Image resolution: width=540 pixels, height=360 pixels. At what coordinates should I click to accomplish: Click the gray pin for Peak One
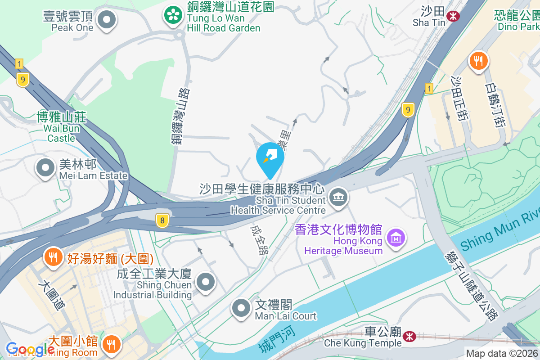[x=107, y=20]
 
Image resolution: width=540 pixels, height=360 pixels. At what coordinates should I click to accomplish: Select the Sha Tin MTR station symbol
[x=452, y=17]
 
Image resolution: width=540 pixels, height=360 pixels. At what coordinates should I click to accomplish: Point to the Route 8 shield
[x=162, y=220]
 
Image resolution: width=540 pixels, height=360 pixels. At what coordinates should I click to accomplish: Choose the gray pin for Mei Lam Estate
[x=45, y=168]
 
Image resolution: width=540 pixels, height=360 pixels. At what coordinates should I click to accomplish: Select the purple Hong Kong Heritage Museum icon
[x=396, y=238]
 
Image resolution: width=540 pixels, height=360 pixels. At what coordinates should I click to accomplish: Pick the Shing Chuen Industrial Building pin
[x=206, y=282]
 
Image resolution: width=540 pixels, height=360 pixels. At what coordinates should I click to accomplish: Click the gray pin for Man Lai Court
[x=241, y=308]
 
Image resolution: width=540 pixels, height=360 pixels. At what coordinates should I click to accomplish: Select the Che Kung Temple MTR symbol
[x=409, y=336]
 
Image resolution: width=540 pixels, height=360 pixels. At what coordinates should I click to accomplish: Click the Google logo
[x=30, y=349]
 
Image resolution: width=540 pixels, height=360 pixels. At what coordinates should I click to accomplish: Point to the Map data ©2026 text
[x=501, y=353]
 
